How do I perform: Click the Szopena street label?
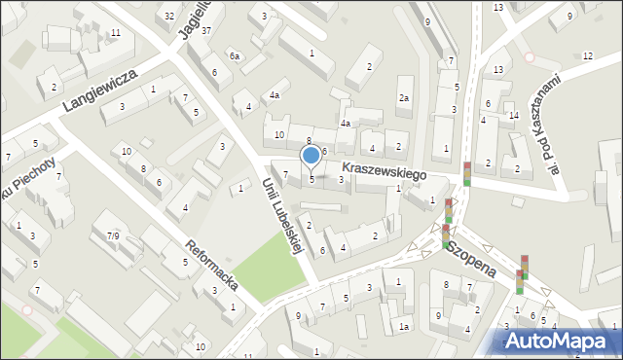click(471, 257)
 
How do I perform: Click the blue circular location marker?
click(311, 155)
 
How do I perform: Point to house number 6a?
click(235, 56)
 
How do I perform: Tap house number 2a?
click(404, 98)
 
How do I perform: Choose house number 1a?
click(403, 328)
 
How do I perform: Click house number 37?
click(206, 30)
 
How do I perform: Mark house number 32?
click(169, 16)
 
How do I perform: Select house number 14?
click(513, 116)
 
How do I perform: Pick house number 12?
click(587, 55)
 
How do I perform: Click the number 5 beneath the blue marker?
click(311, 178)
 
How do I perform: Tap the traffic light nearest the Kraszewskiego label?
click(467, 173)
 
